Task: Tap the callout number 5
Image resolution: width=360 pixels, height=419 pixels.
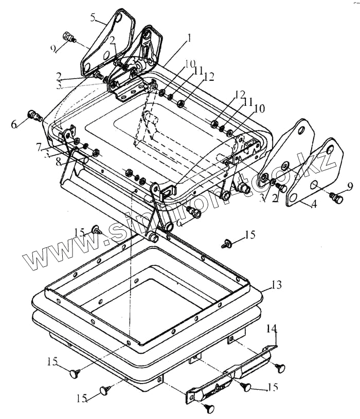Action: (93, 18)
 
